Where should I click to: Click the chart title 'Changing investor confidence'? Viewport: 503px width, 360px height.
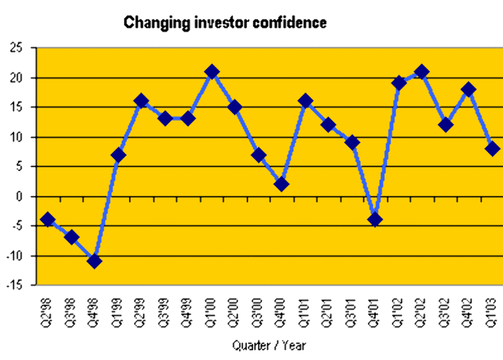coord(225,23)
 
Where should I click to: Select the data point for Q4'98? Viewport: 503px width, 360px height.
coord(94,261)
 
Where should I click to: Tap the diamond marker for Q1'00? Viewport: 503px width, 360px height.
coord(212,72)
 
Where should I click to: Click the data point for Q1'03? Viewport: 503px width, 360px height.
coord(493,149)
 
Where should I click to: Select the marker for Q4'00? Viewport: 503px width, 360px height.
coord(282,184)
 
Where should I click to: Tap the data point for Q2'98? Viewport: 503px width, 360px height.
coord(48,220)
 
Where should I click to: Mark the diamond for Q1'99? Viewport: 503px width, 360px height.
coord(118,155)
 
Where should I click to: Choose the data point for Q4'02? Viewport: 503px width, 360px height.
coord(469,89)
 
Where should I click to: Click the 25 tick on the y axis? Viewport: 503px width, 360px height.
coord(18,48)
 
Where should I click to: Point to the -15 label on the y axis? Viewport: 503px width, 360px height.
coord(15,285)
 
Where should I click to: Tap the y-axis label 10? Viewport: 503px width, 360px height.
coord(18,137)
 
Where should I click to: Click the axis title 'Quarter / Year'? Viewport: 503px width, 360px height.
coord(270,346)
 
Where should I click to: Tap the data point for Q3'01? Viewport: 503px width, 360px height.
coord(352,143)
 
